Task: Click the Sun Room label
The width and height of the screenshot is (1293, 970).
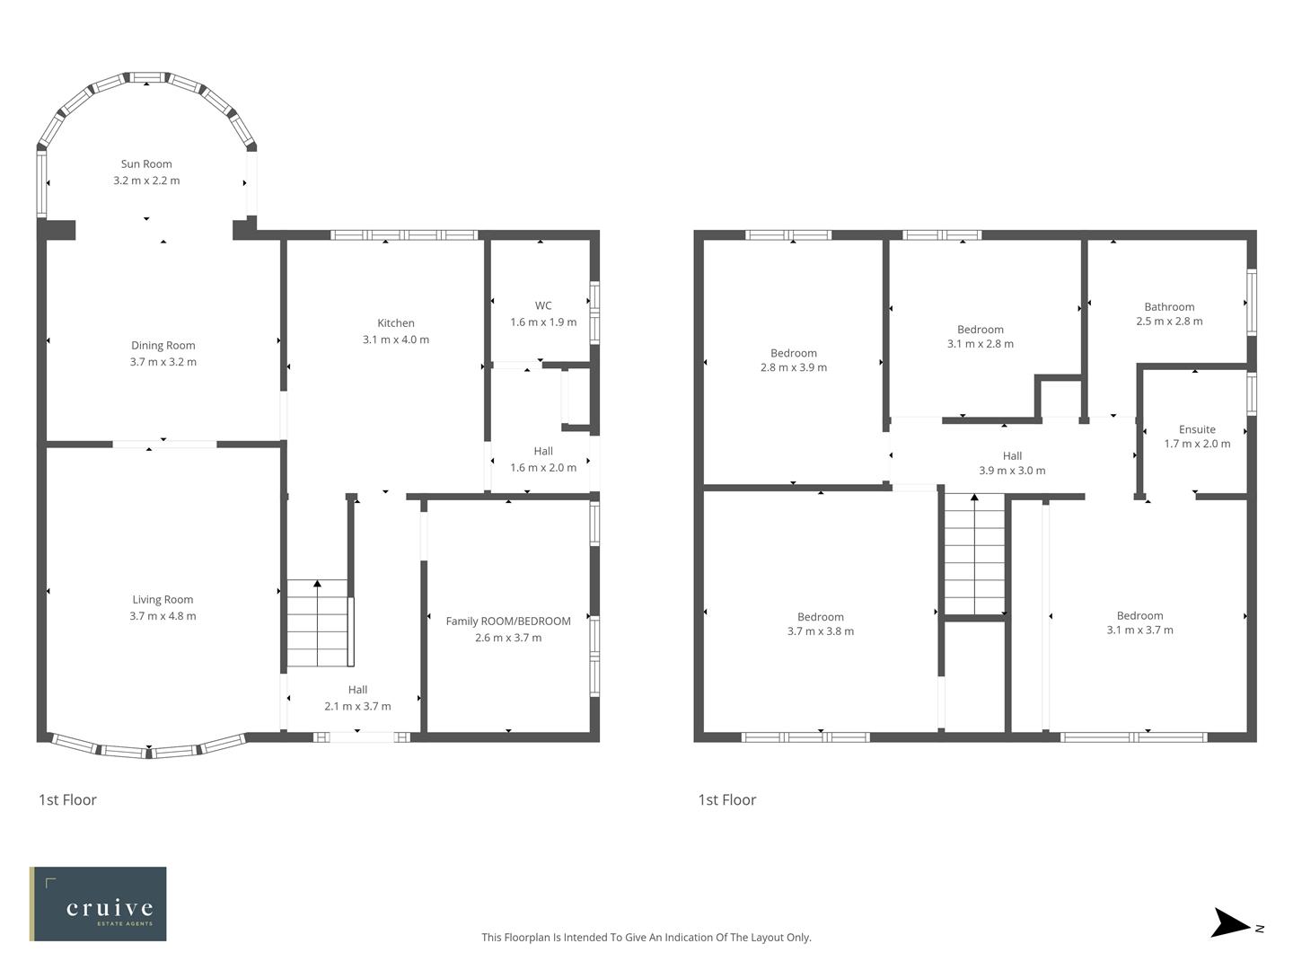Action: click(x=146, y=164)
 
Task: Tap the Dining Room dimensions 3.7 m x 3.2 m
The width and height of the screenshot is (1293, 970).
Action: click(x=163, y=362)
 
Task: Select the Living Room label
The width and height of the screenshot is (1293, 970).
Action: click(x=163, y=600)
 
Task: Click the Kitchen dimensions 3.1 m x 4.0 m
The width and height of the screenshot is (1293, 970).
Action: click(x=395, y=339)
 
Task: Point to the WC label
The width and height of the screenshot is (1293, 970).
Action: click(x=543, y=306)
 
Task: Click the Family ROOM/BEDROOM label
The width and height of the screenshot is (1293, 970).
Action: click(x=508, y=622)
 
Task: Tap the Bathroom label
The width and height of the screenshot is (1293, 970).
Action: click(x=1169, y=307)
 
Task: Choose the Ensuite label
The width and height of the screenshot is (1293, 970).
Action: click(x=1197, y=430)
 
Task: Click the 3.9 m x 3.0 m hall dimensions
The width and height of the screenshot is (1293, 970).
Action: click(x=1012, y=471)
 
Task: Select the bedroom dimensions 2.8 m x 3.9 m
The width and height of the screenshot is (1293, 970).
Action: click(x=794, y=367)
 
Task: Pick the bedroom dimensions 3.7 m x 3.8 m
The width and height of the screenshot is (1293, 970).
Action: click(x=821, y=631)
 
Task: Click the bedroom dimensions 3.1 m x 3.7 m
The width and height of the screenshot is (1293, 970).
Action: click(x=1139, y=630)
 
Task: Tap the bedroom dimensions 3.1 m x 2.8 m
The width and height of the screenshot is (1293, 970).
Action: click(x=981, y=344)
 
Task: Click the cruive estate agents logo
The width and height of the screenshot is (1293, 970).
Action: click(x=98, y=904)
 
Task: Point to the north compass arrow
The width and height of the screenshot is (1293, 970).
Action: click(x=1232, y=924)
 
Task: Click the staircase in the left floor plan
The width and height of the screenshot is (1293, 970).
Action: click(x=317, y=622)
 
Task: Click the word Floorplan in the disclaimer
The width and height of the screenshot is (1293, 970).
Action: click(x=530, y=938)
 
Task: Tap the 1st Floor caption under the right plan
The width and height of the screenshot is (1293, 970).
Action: click(x=727, y=800)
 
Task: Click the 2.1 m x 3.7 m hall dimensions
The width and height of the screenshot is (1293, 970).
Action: click(x=357, y=707)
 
